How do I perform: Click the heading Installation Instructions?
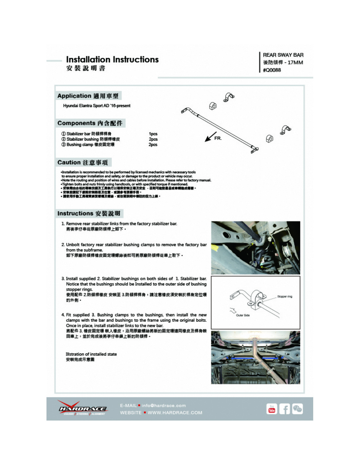pyautogui.click(x=112, y=60)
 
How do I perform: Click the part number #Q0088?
pyautogui.click(x=272, y=70)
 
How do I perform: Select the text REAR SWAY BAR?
pyautogui.click(x=283, y=55)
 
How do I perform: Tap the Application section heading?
pyautogui.click(x=88, y=96)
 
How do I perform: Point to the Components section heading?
pyautogui.click(x=90, y=123)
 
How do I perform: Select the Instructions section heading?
pyautogui.click(x=89, y=214)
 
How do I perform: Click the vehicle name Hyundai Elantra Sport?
pyautogui.click(x=97, y=106)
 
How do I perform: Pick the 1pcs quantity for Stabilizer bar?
pyautogui.click(x=153, y=134)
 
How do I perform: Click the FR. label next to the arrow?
pyautogui.click(x=218, y=138)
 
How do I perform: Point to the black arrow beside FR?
pyautogui.click(x=210, y=137)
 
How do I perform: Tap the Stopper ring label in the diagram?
pyautogui.click(x=285, y=297)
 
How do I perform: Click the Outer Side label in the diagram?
pyautogui.click(x=243, y=315)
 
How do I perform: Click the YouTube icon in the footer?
pyautogui.click(x=272, y=409)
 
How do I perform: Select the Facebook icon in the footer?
pyautogui.click(x=284, y=409)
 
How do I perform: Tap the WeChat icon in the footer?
pyautogui.click(x=297, y=409)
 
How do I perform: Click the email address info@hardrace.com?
pyautogui.click(x=163, y=405)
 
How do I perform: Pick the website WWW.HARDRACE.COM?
pyautogui.click(x=175, y=413)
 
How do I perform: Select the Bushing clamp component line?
pyautogui.click(x=88, y=145)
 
